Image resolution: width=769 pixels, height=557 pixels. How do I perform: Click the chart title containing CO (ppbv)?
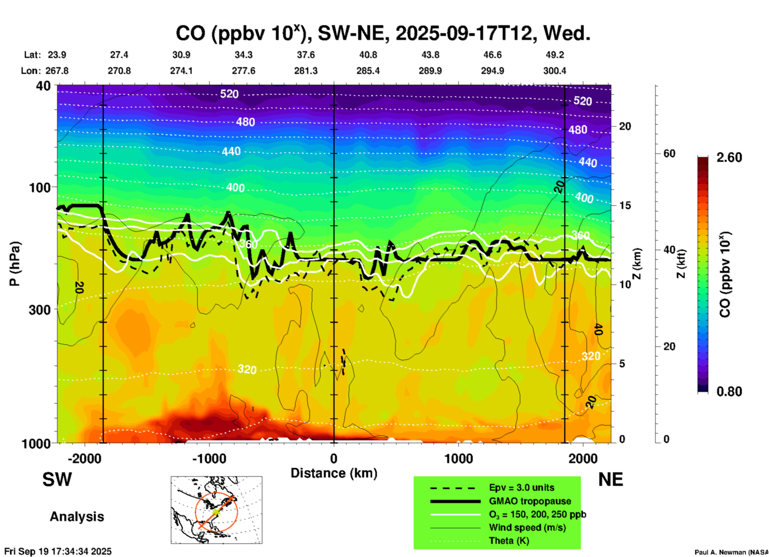pyautogui.click(x=383, y=34)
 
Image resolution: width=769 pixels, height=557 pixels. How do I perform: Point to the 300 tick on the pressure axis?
pyautogui.click(x=40, y=310)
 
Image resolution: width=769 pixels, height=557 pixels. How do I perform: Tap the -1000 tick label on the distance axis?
pyautogui.click(x=209, y=459)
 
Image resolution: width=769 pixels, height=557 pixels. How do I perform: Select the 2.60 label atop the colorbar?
pyautogui.click(x=729, y=157)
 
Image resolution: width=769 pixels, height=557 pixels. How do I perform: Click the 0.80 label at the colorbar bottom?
pyautogui.click(x=729, y=392)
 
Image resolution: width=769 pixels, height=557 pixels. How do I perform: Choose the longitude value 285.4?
pyautogui.click(x=368, y=71)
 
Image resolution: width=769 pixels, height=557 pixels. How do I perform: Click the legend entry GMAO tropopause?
pyautogui.click(x=530, y=501)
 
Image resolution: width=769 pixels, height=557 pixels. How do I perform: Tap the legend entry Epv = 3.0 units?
pyautogui.click(x=521, y=487)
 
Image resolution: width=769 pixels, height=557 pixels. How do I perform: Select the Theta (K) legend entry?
pyautogui.click(x=509, y=541)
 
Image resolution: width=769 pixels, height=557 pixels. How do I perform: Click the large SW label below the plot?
pyautogui.click(x=57, y=479)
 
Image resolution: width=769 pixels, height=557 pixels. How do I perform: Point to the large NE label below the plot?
pyautogui.click(x=610, y=479)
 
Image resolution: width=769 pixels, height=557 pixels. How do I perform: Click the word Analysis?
pyautogui.click(x=77, y=517)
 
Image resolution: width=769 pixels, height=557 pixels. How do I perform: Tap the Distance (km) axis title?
pyautogui.click(x=334, y=473)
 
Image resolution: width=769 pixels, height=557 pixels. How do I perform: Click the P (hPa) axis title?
pyautogui.click(x=14, y=264)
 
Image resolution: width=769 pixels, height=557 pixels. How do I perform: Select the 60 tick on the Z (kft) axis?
pyautogui.click(x=669, y=153)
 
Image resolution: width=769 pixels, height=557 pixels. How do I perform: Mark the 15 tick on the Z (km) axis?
pyautogui.click(x=625, y=205)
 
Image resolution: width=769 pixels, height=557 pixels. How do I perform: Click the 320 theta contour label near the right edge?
pyautogui.click(x=591, y=356)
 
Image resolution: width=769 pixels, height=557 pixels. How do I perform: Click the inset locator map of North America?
pyautogui.click(x=216, y=510)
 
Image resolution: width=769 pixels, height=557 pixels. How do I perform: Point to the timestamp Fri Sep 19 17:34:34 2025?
pyautogui.click(x=58, y=551)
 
